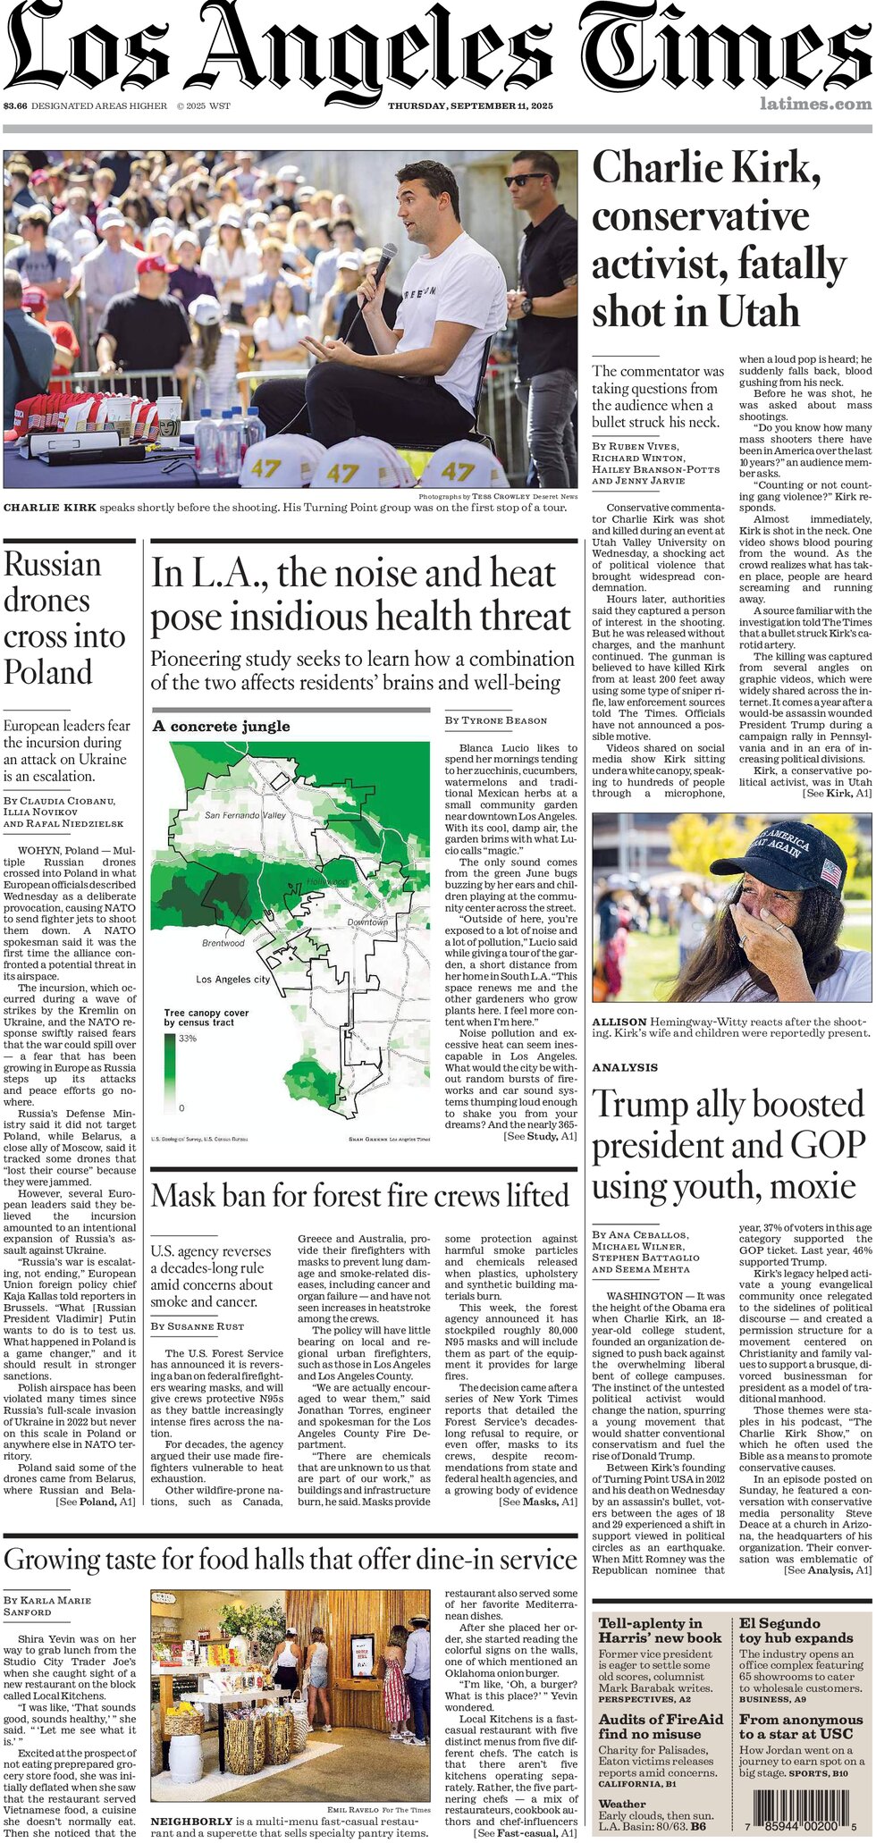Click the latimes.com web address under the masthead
click(x=815, y=104)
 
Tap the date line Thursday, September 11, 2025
click(x=470, y=105)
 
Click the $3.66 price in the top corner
click(x=14, y=105)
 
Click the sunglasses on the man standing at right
click(x=526, y=179)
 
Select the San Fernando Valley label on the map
click(x=245, y=815)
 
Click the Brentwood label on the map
click(x=223, y=943)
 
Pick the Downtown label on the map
click(x=366, y=921)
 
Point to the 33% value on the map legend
click(x=187, y=1039)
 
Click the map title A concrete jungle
click(x=221, y=726)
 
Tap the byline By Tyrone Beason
click(x=495, y=720)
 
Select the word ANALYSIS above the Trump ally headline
click(x=624, y=1067)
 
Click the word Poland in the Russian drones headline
click(x=48, y=672)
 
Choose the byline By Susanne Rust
click(x=197, y=1326)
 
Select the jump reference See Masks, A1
click(x=537, y=1502)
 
